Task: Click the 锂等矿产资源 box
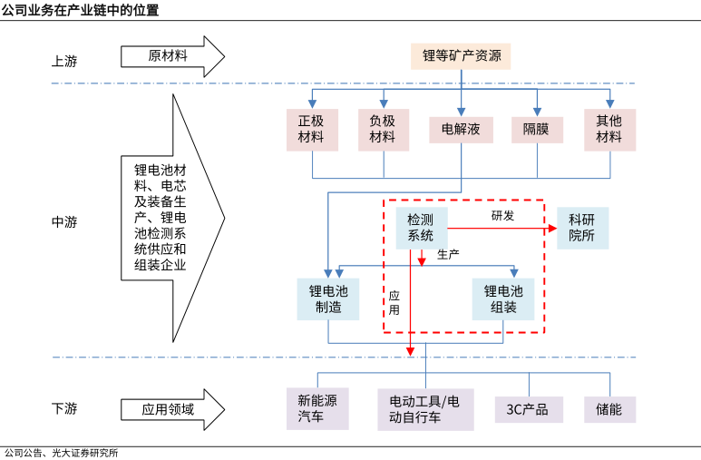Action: pos(461,56)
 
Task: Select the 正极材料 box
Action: pos(311,129)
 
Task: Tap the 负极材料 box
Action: pos(383,129)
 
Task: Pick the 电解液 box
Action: pos(461,129)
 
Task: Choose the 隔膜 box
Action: pos(537,129)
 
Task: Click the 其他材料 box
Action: pos(609,129)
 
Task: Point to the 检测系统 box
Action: pos(421,228)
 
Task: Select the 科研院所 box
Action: pos(581,228)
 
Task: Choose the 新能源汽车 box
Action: pos(317,409)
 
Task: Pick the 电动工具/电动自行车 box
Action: pos(425,409)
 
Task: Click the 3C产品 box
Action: pos(528,409)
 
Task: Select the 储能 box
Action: pos(609,409)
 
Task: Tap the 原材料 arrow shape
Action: pos(172,56)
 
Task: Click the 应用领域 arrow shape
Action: pos(172,409)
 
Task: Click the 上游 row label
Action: pos(64,62)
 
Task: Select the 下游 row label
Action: pos(64,409)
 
